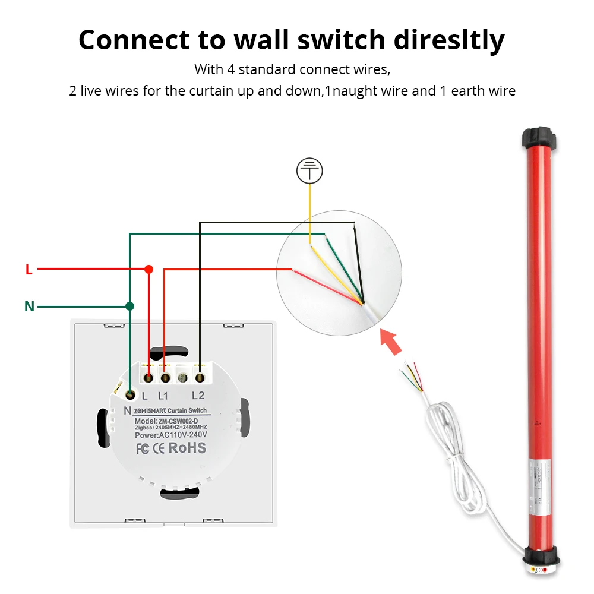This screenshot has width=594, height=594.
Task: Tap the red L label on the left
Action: [29, 270]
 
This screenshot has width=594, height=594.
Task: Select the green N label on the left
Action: [29, 307]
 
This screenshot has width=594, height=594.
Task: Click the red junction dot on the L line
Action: [149, 269]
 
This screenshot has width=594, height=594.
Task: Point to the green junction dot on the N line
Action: [129, 306]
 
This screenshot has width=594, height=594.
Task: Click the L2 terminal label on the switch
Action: [198, 396]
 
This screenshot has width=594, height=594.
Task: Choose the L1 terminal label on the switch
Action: [163, 396]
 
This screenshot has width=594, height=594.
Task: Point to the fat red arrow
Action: [391, 343]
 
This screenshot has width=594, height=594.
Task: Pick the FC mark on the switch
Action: [143, 448]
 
